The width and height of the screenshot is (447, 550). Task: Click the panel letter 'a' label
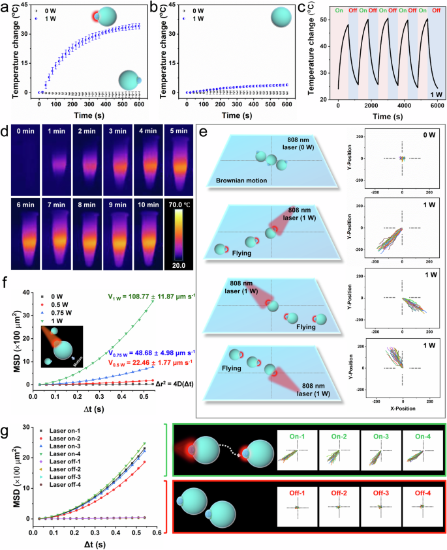5,7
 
